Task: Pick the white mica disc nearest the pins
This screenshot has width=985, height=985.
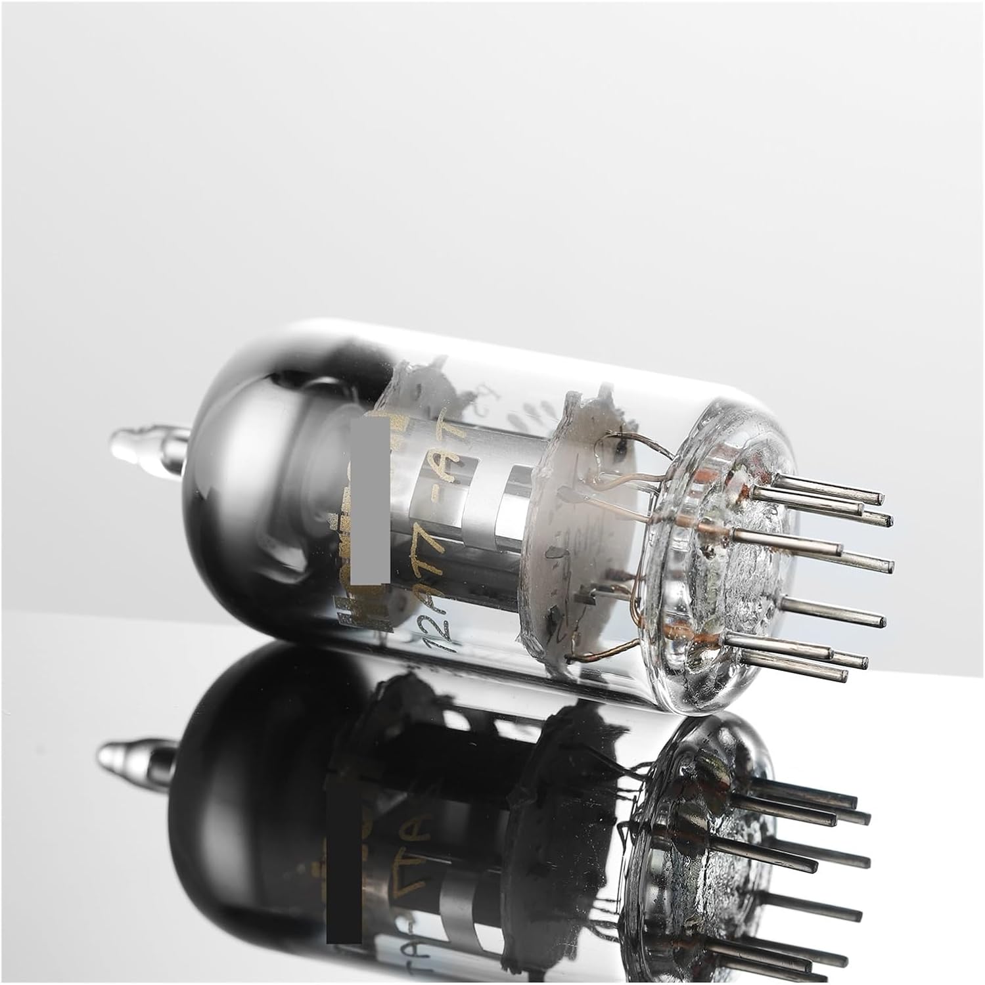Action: (x=578, y=525)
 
